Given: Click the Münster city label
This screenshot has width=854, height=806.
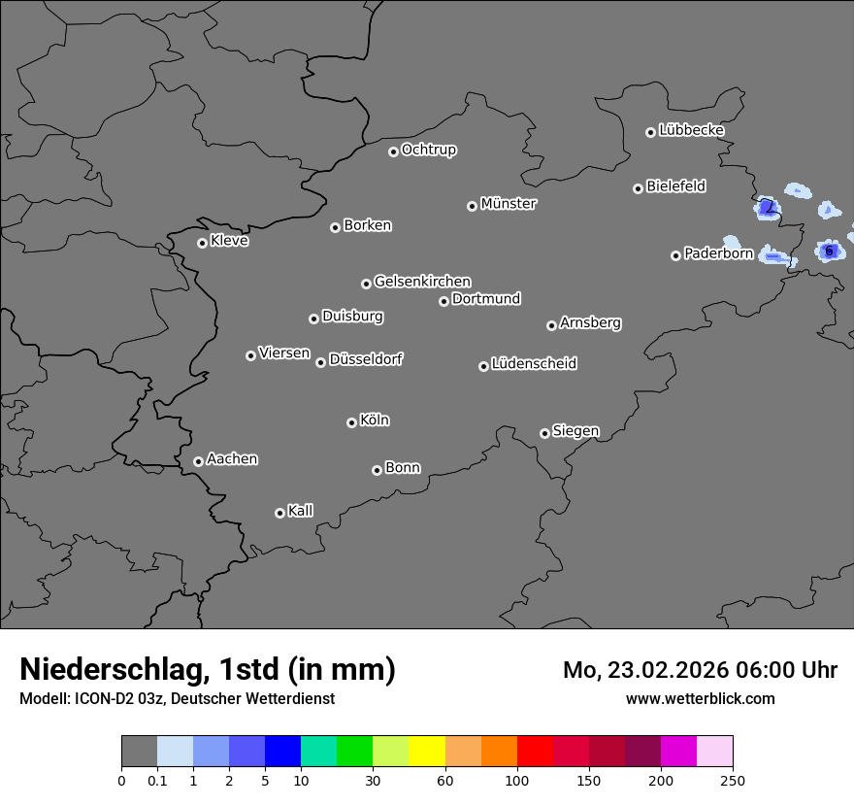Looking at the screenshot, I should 509,204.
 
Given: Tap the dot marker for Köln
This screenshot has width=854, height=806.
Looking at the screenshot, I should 351,422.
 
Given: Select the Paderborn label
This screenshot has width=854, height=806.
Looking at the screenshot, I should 718,253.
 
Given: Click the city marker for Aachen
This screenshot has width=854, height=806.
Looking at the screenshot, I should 198,461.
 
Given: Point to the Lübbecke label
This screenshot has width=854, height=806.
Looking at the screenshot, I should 691,130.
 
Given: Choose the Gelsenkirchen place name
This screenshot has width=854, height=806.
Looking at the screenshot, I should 422,282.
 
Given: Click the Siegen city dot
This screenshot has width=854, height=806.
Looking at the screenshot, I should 544,433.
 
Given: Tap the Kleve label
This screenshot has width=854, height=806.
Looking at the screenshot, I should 229,241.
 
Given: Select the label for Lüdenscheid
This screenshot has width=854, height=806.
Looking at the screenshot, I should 534,364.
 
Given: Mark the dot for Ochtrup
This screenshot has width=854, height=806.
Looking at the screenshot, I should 393,151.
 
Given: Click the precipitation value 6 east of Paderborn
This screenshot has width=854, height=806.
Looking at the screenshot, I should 829,251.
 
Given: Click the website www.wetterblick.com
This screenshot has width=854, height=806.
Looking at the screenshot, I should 700,698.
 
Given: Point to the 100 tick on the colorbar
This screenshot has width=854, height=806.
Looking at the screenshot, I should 516,780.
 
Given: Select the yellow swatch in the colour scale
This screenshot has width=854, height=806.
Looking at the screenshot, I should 427,752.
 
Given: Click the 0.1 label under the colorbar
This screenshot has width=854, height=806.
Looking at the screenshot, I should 156,780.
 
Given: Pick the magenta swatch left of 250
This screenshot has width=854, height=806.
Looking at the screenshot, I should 678,752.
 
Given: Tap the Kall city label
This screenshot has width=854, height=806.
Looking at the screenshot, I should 301,511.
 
